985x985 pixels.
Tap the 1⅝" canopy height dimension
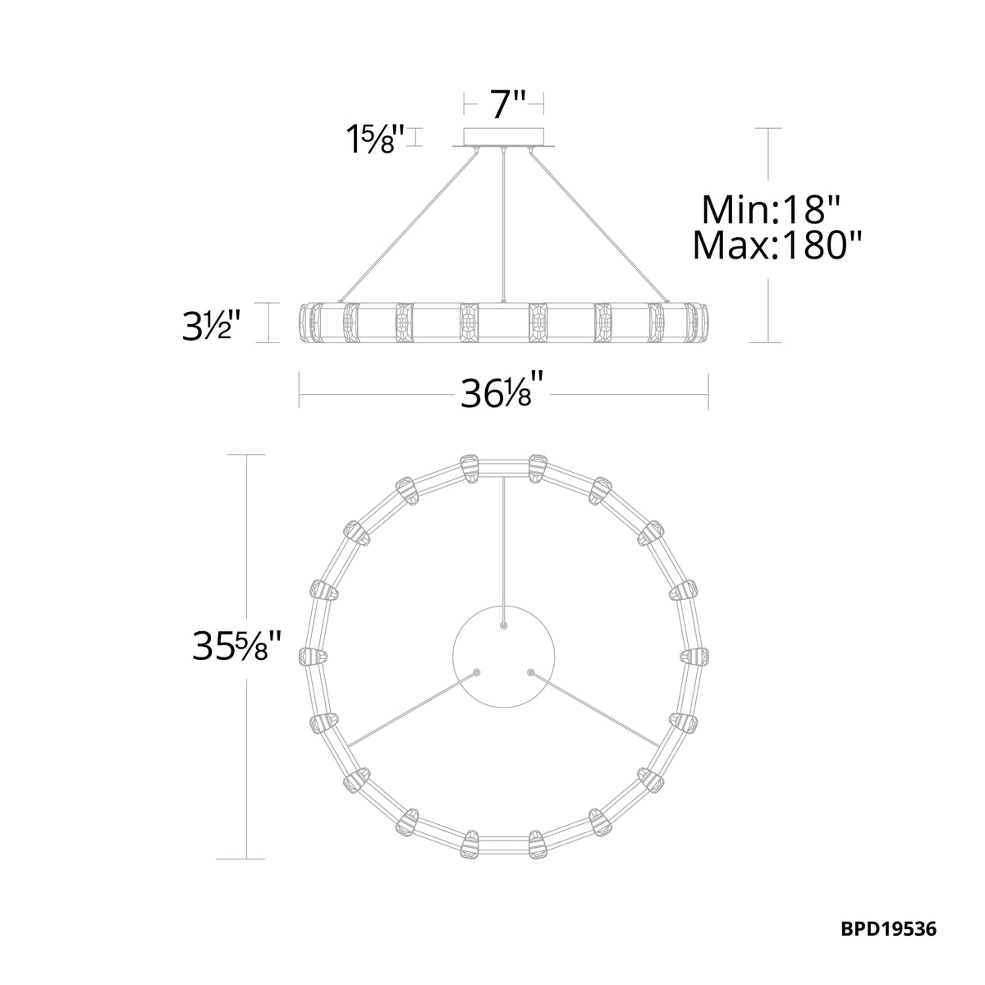(x=375, y=138)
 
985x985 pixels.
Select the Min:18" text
(x=770, y=209)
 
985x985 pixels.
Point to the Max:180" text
(x=777, y=245)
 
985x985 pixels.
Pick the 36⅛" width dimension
(x=502, y=394)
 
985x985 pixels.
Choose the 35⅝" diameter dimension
(x=236, y=646)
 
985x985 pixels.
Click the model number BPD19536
(x=888, y=914)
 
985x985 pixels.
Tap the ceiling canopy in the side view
(x=503, y=139)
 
